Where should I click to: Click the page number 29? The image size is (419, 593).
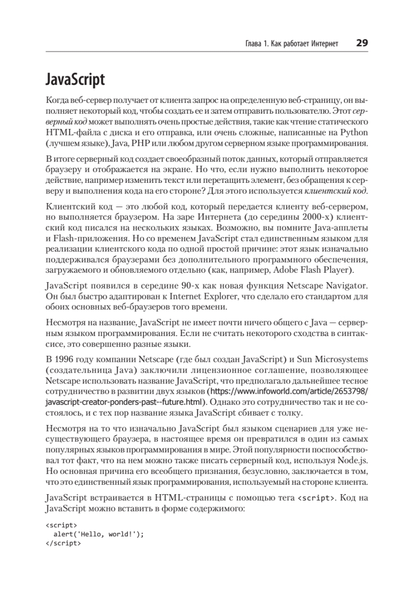(362, 43)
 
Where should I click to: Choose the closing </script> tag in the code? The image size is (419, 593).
(63, 542)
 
